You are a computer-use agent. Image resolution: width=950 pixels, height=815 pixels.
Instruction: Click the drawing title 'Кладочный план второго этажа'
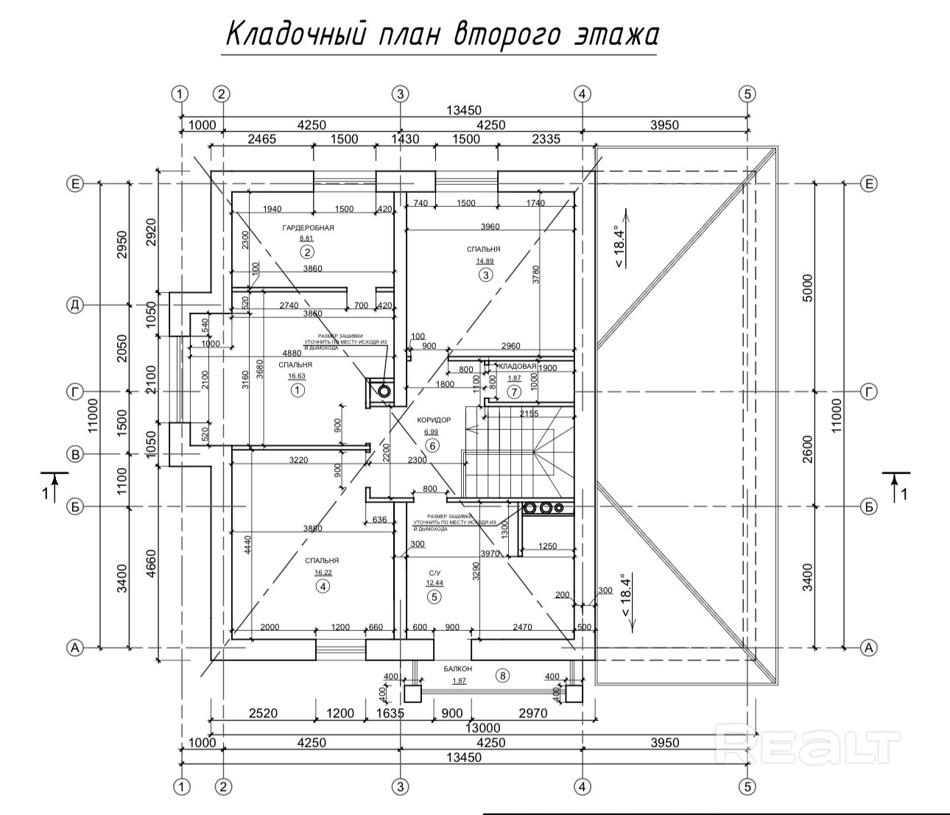pyautogui.click(x=440, y=35)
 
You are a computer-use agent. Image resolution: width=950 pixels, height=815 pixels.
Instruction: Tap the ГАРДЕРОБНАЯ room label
pyautogui.click(x=308, y=227)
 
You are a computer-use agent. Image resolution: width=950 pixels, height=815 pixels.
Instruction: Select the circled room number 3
pyautogui.click(x=485, y=275)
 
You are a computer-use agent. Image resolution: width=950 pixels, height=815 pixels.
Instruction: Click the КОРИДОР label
pyautogui.click(x=434, y=420)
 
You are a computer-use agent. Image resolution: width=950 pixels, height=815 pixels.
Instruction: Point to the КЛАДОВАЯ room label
pyautogui.click(x=516, y=366)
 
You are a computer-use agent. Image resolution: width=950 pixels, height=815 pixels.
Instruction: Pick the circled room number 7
pyautogui.click(x=514, y=390)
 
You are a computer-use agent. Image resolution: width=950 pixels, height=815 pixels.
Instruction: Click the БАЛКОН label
pyautogui.click(x=457, y=668)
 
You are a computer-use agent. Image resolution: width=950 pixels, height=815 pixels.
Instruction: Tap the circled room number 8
pyautogui.click(x=503, y=675)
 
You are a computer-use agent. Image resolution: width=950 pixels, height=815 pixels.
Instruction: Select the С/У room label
pyautogui.click(x=434, y=572)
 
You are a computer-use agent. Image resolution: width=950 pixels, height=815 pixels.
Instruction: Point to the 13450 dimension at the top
pyautogui.click(x=464, y=110)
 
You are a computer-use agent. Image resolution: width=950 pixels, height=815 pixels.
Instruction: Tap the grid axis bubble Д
pyautogui.click(x=74, y=305)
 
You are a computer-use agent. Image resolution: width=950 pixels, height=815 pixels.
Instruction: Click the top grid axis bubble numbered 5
pyautogui.click(x=748, y=94)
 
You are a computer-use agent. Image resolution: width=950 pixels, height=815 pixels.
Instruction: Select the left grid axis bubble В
pyautogui.click(x=74, y=454)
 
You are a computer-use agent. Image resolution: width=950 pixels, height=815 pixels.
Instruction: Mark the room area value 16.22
pyautogui.click(x=323, y=572)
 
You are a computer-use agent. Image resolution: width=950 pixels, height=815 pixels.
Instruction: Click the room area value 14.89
pyautogui.click(x=485, y=261)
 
